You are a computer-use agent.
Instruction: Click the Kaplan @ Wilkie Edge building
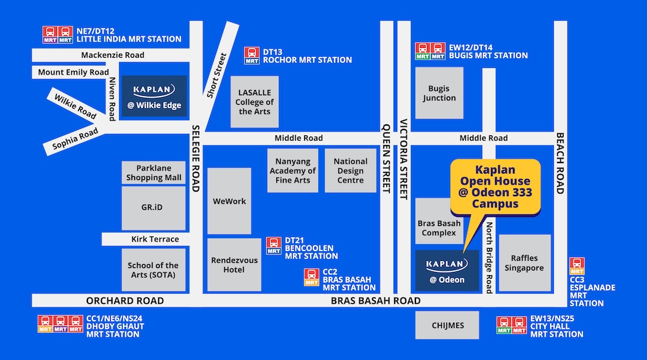point(154,96)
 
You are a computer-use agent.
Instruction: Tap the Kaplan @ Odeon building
point(446,270)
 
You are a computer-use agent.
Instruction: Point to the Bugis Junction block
point(439,93)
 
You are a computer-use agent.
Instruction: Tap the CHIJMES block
point(447,325)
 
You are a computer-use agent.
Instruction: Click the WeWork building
point(229,201)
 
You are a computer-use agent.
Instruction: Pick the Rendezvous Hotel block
point(234,265)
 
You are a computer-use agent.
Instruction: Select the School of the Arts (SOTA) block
point(153,269)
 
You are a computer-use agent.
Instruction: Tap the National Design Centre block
point(350,170)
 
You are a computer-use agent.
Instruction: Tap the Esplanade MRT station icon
point(576,266)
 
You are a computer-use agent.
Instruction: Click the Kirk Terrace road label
point(155,240)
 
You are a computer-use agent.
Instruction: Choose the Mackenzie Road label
point(113,56)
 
